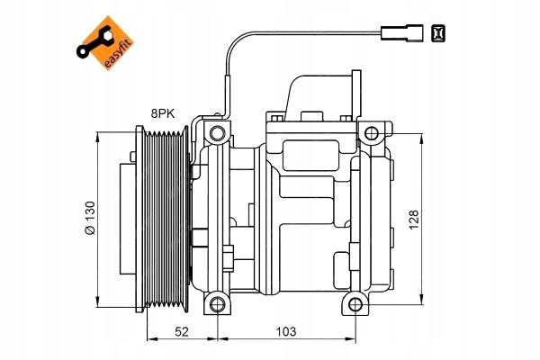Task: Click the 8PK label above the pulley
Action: coord(163,113)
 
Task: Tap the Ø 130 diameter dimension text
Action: coord(90,218)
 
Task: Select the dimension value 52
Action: coord(182,331)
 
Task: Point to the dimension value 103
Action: coord(286,331)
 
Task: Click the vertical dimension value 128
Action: coord(413,220)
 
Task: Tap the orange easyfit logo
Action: coord(105,43)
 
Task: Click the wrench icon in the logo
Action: coord(94,43)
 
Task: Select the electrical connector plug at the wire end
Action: coord(402,33)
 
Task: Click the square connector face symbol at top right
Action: coord(438,33)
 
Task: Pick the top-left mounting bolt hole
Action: coord(217,133)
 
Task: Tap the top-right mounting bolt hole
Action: coord(372,133)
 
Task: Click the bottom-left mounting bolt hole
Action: coord(217,304)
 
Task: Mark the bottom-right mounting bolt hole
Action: coord(355,304)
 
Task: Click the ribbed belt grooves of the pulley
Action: coord(166,219)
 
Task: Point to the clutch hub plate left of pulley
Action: coord(128,219)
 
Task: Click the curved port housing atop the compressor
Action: coord(322,96)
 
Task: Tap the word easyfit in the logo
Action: coord(118,53)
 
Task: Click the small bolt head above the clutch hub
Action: coord(133,157)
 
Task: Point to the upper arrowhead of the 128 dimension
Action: coord(421,138)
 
